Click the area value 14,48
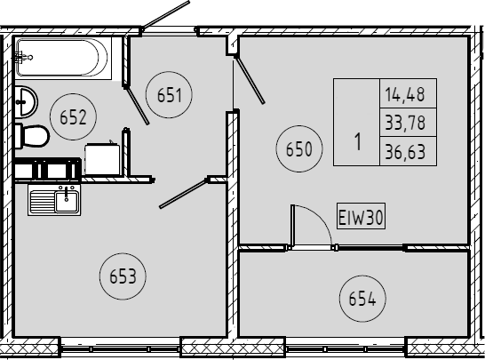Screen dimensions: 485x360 pyautogui.click(x=405, y=94)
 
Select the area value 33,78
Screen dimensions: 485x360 pyautogui.click(x=405, y=123)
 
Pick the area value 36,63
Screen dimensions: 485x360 pyautogui.click(x=405, y=152)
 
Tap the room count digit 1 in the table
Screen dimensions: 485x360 pyautogui.click(x=358, y=141)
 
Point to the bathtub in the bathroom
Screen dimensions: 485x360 pyautogui.click(x=64, y=58)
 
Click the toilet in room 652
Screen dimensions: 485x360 pyautogui.click(x=32, y=136)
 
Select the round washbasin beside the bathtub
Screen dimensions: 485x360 pyautogui.click(x=26, y=102)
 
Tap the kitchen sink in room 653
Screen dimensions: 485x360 pyautogui.click(x=54, y=200)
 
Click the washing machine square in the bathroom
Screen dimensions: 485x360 pyautogui.click(x=103, y=159)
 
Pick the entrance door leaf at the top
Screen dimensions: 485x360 pyautogui.click(x=165, y=14)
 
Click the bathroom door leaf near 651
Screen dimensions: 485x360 pyautogui.click(x=137, y=106)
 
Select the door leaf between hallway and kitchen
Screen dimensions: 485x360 pyautogui.click(x=183, y=193)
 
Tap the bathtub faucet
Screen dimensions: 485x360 pyautogui.click(x=23, y=57)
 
